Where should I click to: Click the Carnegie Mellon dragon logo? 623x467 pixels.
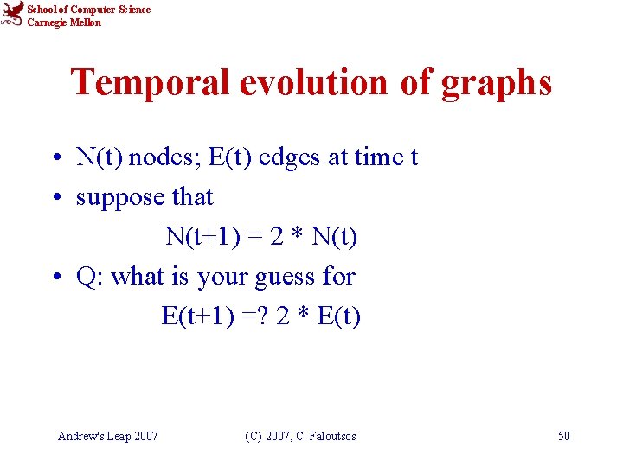pos(12,15)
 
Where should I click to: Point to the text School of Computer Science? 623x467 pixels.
pos(89,10)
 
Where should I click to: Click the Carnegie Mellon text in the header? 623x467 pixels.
pos(64,22)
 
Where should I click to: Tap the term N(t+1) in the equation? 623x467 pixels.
pos(200,237)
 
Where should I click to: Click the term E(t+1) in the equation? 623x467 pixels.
pos(196,317)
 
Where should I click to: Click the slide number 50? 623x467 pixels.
pos(563,436)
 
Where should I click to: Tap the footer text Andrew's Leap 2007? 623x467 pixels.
pos(107,436)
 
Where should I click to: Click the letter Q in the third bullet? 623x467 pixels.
pos(86,277)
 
